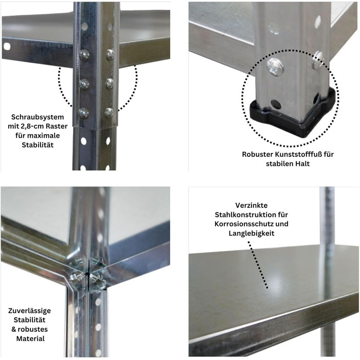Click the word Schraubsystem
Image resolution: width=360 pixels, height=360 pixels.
(38, 117)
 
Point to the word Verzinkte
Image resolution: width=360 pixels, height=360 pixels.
(251, 205)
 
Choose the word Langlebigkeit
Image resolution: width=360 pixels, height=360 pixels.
(251, 233)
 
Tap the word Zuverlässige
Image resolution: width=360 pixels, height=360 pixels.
(30, 311)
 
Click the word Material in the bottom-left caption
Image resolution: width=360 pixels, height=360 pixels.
(30, 338)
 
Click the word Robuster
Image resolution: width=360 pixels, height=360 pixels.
(256, 154)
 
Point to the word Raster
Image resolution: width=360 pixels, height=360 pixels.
(57, 127)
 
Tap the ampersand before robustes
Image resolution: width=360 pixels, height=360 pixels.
(14, 329)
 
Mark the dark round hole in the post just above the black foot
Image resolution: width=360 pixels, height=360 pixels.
(276, 104)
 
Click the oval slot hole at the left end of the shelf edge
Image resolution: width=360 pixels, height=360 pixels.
(7, 47)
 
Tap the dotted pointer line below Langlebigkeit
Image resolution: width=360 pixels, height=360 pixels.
(258, 264)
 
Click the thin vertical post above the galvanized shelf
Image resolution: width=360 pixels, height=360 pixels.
(327, 216)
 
